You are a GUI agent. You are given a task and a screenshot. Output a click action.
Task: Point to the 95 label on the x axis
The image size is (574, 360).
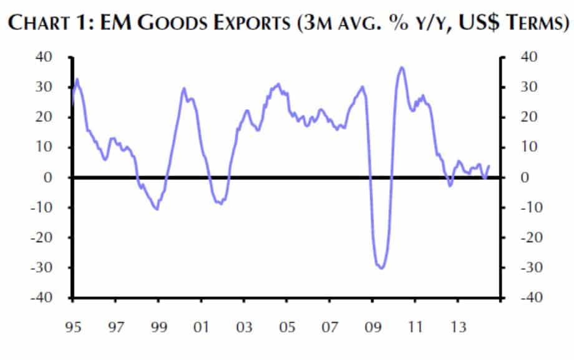coord(73,328)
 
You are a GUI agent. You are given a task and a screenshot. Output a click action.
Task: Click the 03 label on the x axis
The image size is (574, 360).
coord(244,328)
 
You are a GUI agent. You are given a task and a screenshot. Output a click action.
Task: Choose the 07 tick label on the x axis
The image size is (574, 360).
coord(329,328)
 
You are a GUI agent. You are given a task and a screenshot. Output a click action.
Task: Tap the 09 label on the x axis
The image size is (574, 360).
coord(372,328)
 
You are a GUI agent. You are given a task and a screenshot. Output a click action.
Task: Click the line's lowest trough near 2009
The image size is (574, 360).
coord(381,268)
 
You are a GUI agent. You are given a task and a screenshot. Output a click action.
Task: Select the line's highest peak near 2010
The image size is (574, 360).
coord(402,67)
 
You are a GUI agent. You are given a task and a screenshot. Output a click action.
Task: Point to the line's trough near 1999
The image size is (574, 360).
coord(157,209)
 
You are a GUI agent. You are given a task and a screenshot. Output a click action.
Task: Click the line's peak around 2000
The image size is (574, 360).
coord(184,88)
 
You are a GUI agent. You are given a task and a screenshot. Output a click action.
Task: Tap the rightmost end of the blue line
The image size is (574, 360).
coord(489,166)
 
